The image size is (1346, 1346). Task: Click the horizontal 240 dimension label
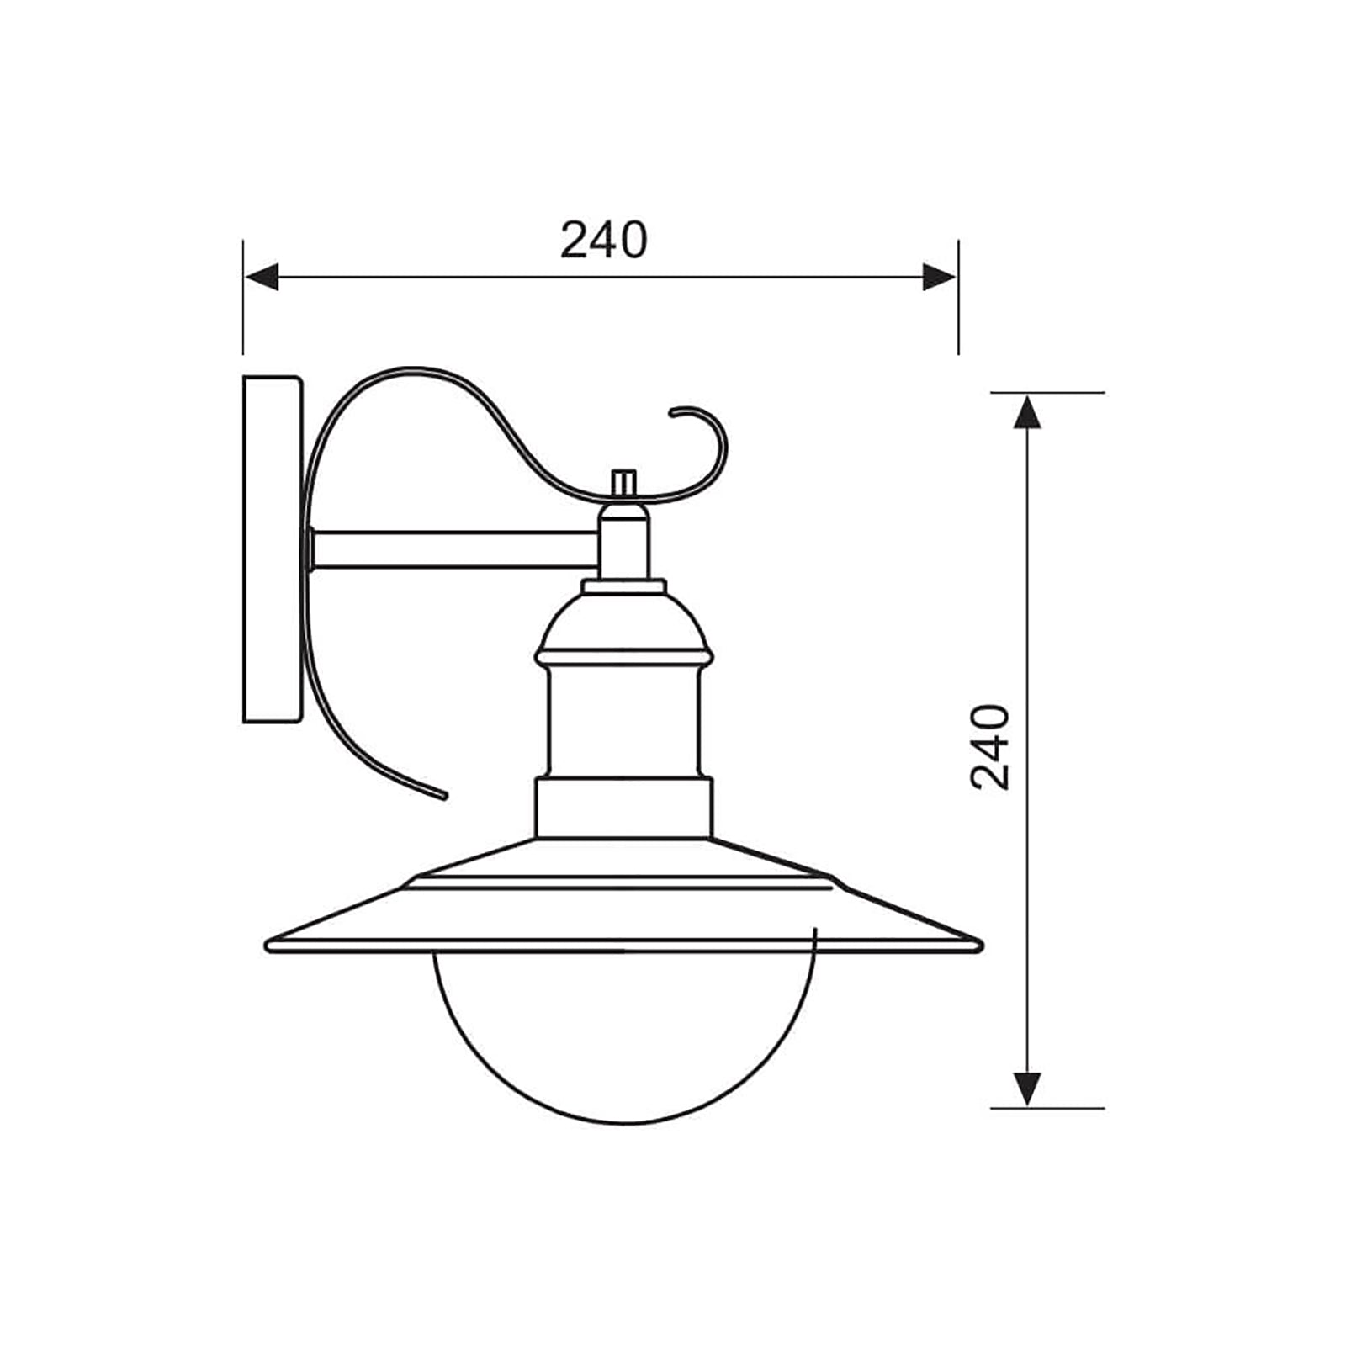click(x=604, y=241)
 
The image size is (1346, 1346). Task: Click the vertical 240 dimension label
click(x=989, y=746)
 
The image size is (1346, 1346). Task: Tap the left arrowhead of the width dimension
click(x=262, y=276)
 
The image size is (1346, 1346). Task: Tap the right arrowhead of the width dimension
click(x=939, y=276)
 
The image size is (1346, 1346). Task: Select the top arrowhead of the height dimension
click(x=1026, y=412)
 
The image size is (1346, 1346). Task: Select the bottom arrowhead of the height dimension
click(x=1026, y=1089)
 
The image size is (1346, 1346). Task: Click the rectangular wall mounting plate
click(x=271, y=548)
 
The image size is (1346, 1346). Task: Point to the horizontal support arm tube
click(x=454, y=548)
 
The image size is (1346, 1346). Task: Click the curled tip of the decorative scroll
click(x=678, y=412)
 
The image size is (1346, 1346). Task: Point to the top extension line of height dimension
click(x=1048, y=393)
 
